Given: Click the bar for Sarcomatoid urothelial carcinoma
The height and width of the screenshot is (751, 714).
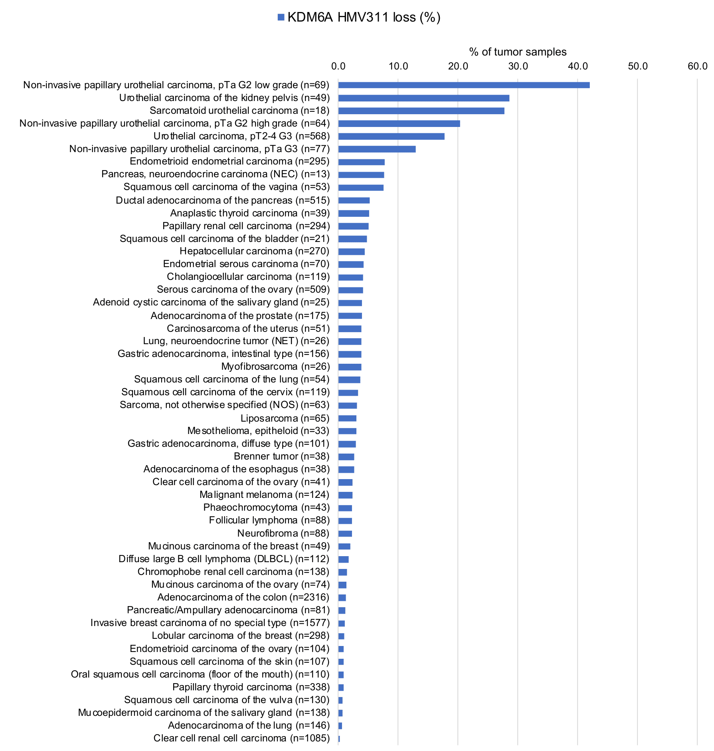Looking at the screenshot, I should coord(421,111).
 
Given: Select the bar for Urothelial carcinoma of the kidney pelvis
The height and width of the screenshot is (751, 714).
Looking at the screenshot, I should coord(423,98).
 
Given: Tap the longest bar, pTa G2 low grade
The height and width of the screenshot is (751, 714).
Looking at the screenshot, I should coord(464,85).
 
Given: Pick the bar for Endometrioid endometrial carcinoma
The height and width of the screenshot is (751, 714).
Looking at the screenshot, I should coord(361,162).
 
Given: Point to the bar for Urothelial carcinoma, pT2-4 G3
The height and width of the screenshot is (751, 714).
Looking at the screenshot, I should coord(391,136).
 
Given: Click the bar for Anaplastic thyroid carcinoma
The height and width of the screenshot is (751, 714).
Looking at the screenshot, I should coord(354,213).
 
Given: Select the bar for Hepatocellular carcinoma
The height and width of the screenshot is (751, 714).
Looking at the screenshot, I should coord(351,252).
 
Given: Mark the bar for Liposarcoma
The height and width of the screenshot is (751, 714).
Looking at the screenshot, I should coord(347,418).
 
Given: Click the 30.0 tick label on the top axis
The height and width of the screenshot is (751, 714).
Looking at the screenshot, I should coord(518,66).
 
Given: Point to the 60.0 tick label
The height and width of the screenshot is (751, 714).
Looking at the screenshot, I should coord(697,66).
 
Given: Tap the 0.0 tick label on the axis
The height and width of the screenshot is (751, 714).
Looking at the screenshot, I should coord(338,66).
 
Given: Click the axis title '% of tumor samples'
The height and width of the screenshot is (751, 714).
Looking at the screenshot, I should coord(518,52).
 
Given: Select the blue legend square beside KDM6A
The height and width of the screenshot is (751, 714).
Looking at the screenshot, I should coord(281,17).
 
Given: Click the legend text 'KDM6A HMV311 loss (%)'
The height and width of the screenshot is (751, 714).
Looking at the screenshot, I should coord(364,17).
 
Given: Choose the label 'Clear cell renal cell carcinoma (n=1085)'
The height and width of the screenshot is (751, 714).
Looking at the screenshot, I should coord(241,738).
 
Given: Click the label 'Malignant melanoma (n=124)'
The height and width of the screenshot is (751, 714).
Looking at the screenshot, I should coord(264,494).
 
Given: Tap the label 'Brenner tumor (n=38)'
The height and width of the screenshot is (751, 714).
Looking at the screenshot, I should coord(281,456).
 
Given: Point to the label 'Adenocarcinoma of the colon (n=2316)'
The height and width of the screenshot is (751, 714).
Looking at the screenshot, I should coord(243,597).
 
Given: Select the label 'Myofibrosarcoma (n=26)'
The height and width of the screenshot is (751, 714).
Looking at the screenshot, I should coord(275,366).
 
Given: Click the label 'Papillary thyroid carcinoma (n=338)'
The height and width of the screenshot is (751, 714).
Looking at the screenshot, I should coord(251,687).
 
